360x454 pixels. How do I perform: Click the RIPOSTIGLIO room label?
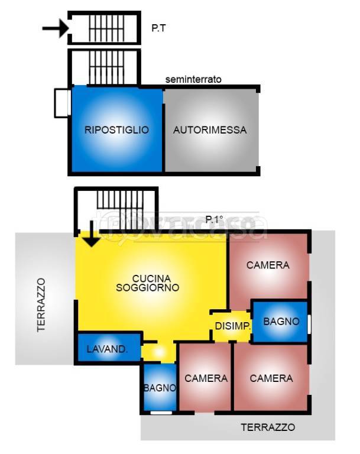pyautogui.click(x=116, y=130)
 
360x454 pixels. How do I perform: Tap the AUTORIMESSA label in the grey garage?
pyautogui.click(x=210, y=130)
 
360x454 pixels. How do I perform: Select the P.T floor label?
pyautogui.click(x=158, y=27)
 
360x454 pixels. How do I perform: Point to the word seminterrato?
pyautogui.click(x=193, y=79)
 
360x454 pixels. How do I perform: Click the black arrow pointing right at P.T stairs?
pyautogui.click(x=56, y=28)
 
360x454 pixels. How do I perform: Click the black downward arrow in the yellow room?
pyautogui.click(x=91, y=236)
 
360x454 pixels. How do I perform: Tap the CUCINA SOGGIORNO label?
pyautogui.click(x=151, y=283)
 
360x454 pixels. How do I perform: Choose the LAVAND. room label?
pyautogui.click(x=107, y=349)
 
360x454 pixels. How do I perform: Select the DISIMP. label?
pyautogui.click(x=233, y=326)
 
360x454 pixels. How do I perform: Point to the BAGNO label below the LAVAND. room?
pyautogui.click(x=160, y=388)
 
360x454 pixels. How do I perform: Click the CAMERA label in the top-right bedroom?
pyautogui.click(x=268, y=265)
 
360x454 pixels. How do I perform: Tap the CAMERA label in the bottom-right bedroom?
pyautogui.click(x=271, y=378)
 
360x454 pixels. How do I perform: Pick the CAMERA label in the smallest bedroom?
pyautogui.click(x=206, y=378)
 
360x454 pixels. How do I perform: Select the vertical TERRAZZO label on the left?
pyautogui.click(x=41, y=305)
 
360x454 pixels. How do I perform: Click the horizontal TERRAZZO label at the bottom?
pyautogui.click(x=268, y=427)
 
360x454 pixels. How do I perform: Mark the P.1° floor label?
pyautogui.click(x=215, y=220)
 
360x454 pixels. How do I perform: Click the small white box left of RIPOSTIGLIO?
pyautogui.click(x=61, y=103)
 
